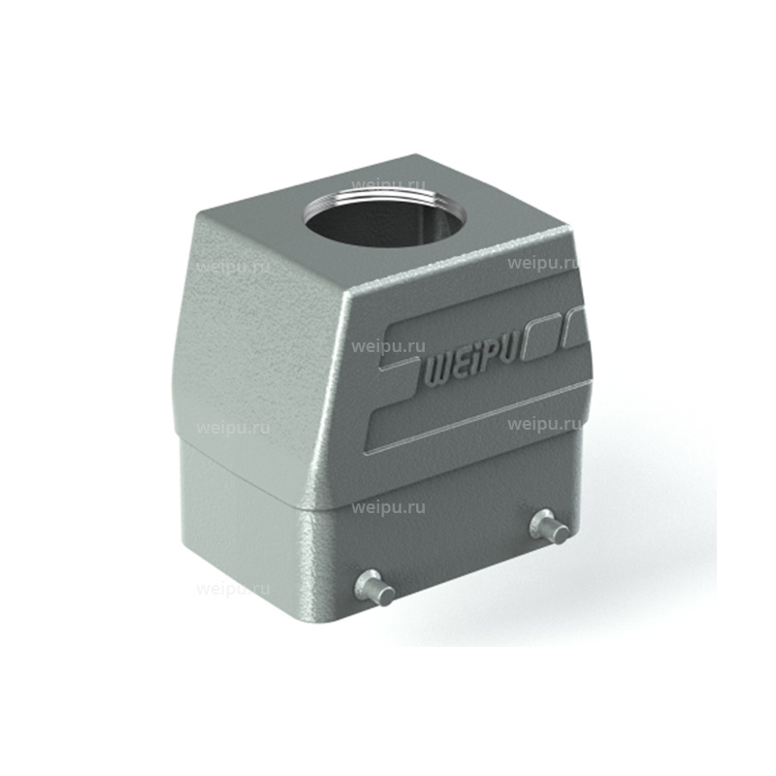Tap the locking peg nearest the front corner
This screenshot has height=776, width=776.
(x=374, y=589)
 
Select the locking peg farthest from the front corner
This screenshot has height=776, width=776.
(x=548, y=527)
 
